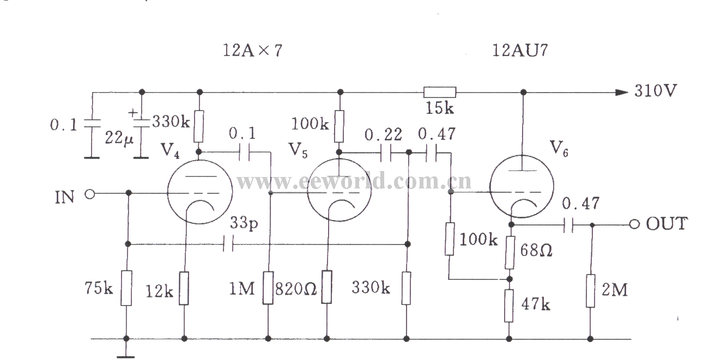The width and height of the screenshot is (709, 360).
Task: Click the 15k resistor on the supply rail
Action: (440, 92)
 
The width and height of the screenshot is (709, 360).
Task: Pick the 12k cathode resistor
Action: (185, 289)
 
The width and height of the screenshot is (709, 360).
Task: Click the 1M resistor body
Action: (269, 288)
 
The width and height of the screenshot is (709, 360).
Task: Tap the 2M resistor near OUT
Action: (591, 291)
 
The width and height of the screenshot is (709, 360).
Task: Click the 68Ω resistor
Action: (510, 253)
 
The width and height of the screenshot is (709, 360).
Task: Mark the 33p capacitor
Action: (229, 245)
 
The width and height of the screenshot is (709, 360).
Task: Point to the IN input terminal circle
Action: (90, 193)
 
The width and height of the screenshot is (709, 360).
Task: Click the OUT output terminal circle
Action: (634, 224)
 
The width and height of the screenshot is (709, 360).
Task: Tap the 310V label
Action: (655, 91)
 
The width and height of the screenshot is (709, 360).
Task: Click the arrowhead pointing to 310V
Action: (621, 92)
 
